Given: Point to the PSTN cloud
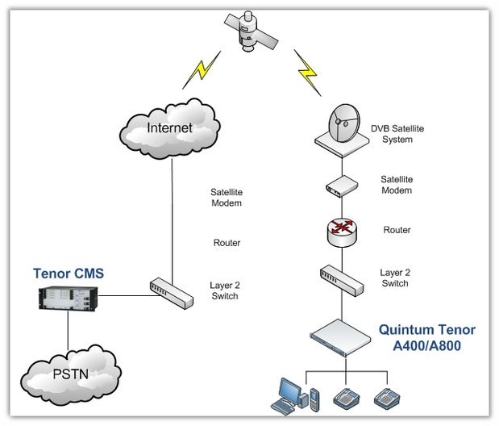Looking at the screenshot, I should [x=72, y=374].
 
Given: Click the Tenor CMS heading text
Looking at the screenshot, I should [x=69, y=274].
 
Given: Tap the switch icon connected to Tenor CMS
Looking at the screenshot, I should [x=172, y=291].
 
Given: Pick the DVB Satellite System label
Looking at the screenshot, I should [x=397, y=134].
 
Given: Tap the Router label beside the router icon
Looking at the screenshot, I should [x=397, y=230].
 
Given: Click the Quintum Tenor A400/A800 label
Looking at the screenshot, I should [x=427, y=337].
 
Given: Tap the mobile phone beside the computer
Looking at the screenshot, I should [x=314, y=398].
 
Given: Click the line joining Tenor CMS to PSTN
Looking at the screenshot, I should [x=67, y=332].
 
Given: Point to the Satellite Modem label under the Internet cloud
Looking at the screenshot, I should [x=227, y=198].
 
